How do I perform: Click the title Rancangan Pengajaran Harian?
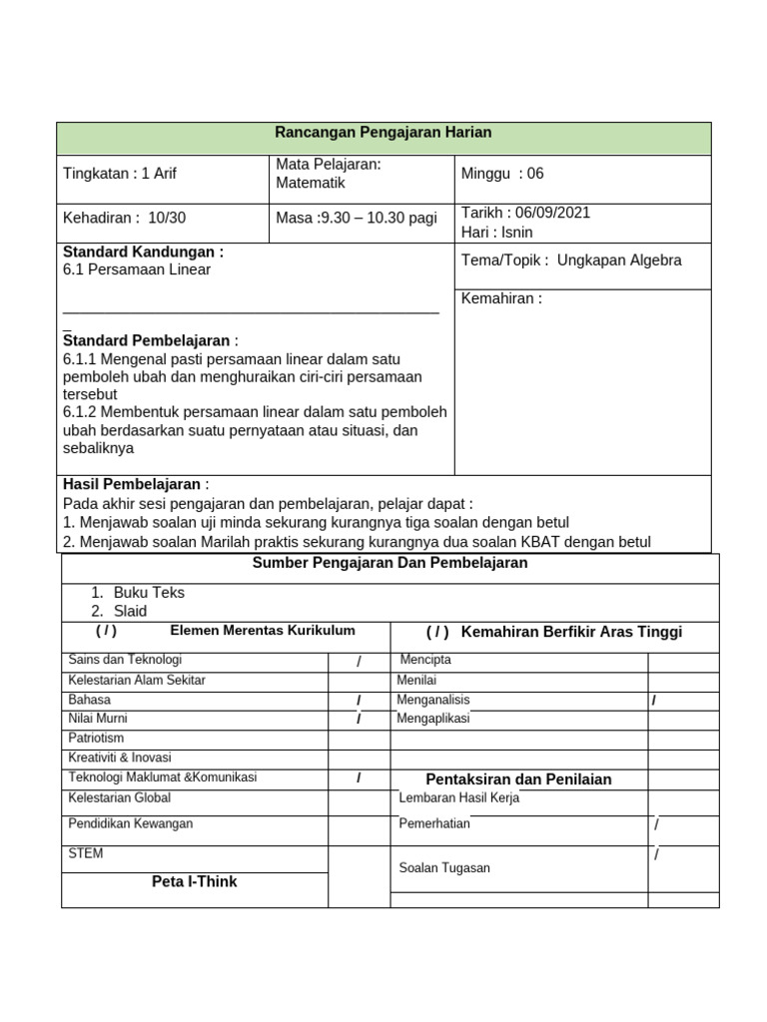coord(383,133)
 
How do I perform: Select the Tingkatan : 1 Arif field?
coord(120,174)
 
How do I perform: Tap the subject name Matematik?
coord(310,184)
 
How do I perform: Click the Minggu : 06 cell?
coord(502,174)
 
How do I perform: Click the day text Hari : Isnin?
coord(496,233)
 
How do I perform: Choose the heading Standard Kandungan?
coord(143,252)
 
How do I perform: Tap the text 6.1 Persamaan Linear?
coord(137,269)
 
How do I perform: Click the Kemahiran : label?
coord(501,298)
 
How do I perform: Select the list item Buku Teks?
coord(149,592)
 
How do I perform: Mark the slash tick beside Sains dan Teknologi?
coord(358,662)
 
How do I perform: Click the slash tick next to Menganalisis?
coord(653,701)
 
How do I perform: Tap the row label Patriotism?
coord(96,739)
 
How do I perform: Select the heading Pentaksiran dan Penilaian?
coord(518,779)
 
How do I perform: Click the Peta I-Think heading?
coord(194,882)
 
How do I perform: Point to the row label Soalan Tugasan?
coord(444,868)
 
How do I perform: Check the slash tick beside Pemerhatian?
coord(657,824)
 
